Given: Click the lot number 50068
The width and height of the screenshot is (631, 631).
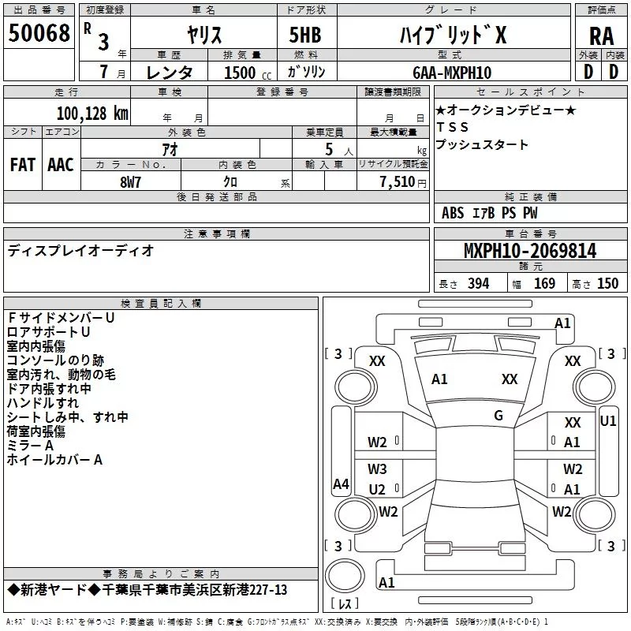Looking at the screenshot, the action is pos(39,33).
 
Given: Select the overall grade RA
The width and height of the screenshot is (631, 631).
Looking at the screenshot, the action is pos(601,36).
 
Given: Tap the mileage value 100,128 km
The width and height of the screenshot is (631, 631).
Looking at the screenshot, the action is pos(92,114).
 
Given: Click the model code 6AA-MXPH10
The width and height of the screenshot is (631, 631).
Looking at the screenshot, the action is pos(452,73).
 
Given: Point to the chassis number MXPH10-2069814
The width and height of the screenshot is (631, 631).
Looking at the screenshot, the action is pos(530,251).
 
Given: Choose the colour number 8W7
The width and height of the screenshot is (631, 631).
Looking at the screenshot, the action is pos(130,182).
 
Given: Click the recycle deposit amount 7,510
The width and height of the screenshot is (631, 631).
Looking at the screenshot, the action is pos(398,182).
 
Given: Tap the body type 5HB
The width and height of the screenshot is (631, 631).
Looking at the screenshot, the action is pos(305,35).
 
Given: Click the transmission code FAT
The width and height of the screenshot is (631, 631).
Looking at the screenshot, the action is pos(23,165).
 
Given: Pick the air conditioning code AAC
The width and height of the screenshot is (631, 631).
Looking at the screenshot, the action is pos(61,165).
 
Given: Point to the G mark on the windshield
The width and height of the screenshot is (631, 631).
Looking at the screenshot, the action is pos(498,416).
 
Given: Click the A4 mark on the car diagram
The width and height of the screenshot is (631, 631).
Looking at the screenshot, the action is pos(341,484).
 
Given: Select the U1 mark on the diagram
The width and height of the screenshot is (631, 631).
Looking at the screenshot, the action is pos(607,421).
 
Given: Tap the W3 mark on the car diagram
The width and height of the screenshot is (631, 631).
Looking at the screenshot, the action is pos(377,469).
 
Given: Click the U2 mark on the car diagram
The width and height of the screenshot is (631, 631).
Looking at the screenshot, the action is pos(377,489).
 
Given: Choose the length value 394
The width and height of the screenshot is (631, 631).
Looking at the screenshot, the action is pos(479,284).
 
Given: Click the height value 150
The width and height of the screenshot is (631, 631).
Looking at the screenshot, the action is pos(607,284).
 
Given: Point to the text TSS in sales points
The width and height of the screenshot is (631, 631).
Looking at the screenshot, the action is pos(452,127).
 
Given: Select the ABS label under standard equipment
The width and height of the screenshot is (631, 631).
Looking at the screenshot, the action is pos(453,213).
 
